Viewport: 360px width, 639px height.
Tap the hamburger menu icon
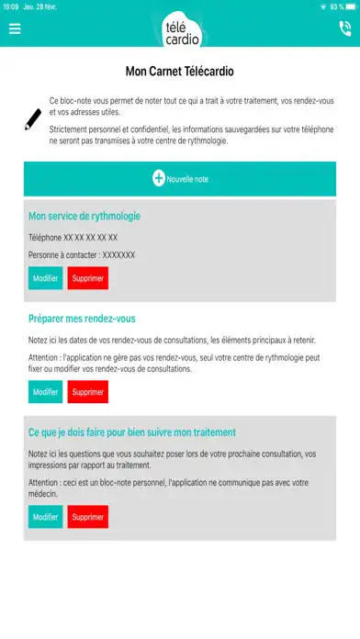(15, 28)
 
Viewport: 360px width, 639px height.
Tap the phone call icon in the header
(344, 28)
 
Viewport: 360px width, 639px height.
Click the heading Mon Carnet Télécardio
(180, 70)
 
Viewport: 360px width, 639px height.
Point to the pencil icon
(34, 118)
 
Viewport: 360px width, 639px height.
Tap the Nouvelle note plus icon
(158, 179)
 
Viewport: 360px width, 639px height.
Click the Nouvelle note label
(187, 180)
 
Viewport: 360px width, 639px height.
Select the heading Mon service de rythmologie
(84, 217)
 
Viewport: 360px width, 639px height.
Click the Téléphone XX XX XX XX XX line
(73, 237)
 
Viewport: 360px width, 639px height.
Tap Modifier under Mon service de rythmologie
(45, 278)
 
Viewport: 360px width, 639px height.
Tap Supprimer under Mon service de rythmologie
(88, 278)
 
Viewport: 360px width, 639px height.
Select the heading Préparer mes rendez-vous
(82, 319)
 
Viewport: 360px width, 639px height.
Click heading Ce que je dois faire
(132, 432)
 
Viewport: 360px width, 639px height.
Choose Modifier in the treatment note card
(45, 517)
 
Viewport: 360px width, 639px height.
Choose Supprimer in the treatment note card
(88, 517)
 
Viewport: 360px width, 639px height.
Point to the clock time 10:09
(11, 6)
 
